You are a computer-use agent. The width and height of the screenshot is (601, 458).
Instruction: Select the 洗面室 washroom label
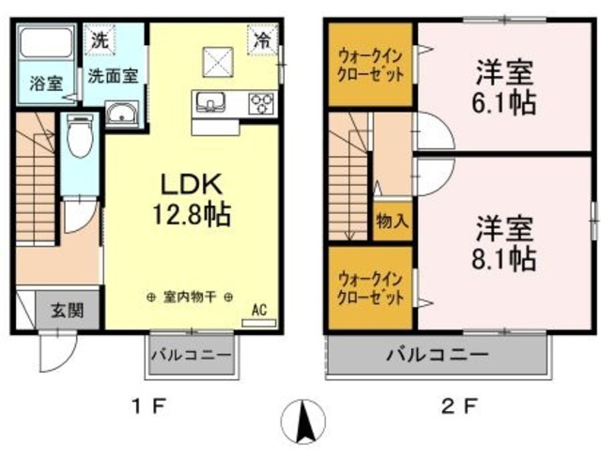[113, 75]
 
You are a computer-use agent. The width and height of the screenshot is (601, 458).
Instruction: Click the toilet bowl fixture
[81, 137]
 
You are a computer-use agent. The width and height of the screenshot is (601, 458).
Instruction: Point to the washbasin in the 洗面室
[121, 114]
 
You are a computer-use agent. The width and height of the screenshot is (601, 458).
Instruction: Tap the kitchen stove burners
[261, 102]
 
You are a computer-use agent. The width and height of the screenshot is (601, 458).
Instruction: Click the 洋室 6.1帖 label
[505, 86]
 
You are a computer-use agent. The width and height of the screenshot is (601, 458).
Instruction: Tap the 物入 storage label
[393, 221]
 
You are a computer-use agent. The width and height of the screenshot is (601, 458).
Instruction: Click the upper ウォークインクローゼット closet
[371, 66]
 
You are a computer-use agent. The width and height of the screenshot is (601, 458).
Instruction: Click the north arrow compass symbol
[305, 423]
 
